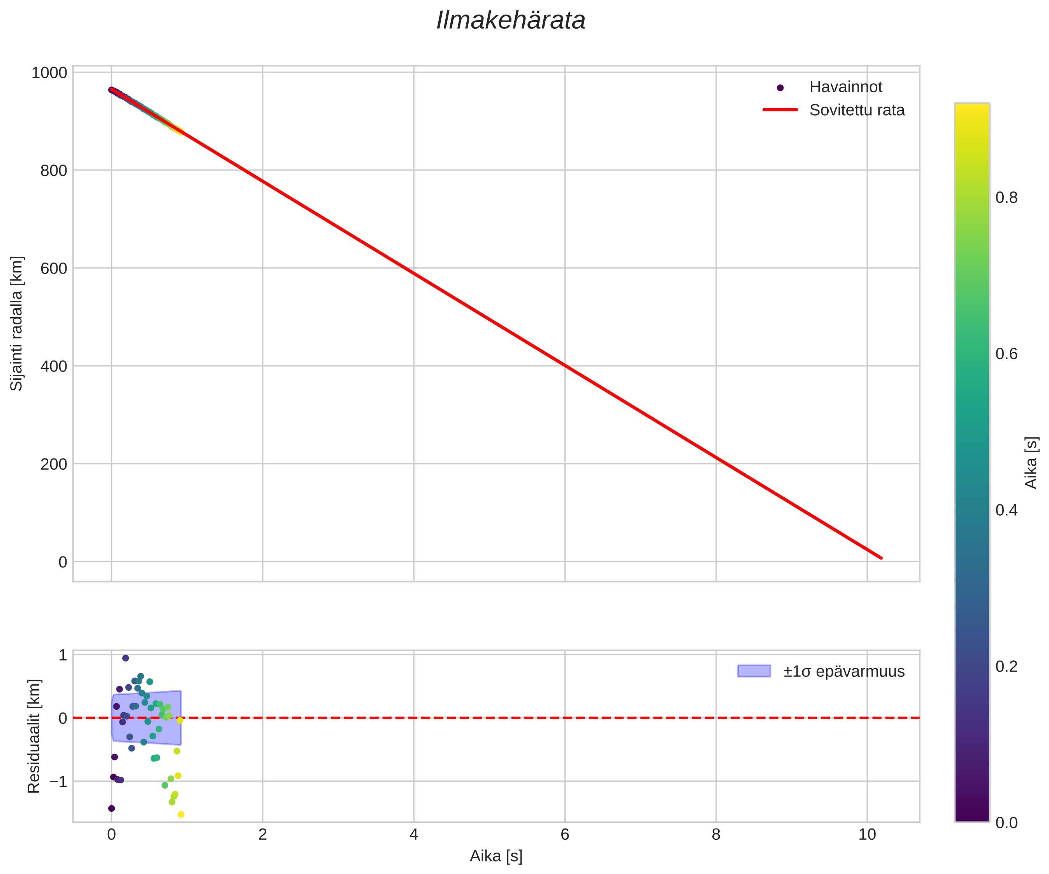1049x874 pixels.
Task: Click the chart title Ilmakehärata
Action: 511,21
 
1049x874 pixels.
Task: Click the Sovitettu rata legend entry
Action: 857,110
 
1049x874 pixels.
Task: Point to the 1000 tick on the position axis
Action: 49,73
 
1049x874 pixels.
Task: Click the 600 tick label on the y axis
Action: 53,269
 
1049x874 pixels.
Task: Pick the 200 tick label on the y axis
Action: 53,465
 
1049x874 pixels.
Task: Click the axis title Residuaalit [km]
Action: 33,736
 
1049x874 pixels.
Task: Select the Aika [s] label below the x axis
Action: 496,856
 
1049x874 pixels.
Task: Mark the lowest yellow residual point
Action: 181,814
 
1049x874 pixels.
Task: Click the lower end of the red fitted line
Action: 881,558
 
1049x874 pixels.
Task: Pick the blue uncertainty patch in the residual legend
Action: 754,671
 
